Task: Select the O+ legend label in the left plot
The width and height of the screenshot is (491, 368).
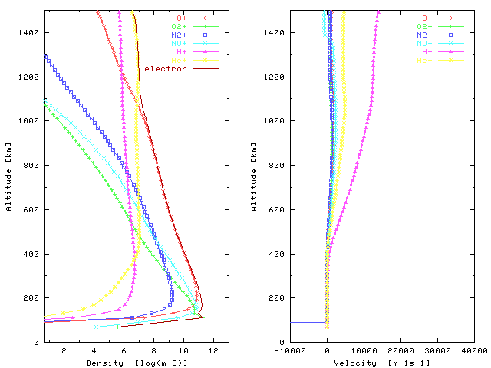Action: pos(181,18)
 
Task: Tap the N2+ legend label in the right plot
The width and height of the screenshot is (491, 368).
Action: pos(428,35)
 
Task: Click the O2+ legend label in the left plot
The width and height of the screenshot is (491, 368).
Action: pos(179,26)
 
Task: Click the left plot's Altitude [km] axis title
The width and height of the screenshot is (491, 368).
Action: pos(8,177)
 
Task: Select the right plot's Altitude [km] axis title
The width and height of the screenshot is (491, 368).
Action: pos(254,177)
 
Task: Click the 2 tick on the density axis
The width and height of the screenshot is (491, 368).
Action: pos(64,350)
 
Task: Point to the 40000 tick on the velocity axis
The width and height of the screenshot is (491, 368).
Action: pos(475,350)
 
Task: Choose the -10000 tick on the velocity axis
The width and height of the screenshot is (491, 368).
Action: pos(290,350)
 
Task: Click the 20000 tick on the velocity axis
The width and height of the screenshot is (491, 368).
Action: pos(401,350)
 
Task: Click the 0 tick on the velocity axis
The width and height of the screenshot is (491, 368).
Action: pos(328,350)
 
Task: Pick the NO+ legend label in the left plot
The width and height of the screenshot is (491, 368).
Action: pos(179,44)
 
